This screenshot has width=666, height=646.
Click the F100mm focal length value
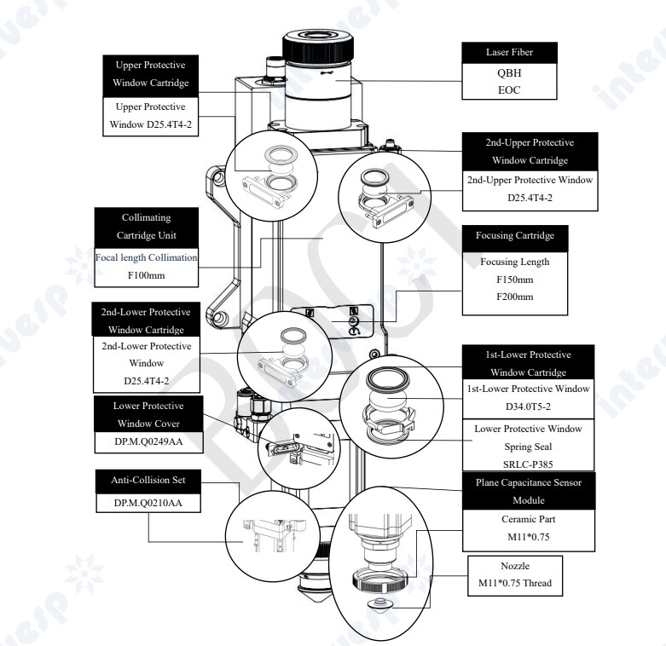146,275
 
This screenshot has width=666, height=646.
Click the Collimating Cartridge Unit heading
146,226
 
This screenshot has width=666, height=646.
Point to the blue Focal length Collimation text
146,257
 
